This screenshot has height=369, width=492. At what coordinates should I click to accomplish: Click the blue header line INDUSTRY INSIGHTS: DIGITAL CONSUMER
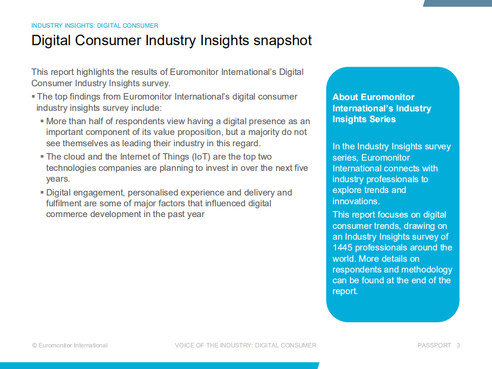pyautogui.click(x=95, y=26)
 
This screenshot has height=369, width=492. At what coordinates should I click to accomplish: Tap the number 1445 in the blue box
pyautogui.click(x=342, y=247)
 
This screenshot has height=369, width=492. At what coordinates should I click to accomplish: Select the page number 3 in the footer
pyautogui.click(x=458, y=345)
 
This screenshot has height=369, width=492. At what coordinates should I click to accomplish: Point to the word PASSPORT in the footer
pyautogui.click(x=434, y=345)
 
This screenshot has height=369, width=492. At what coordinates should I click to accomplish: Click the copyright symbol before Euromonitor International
pyautogui.click(x=34, y=345)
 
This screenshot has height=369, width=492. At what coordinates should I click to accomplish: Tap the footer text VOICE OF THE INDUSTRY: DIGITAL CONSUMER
pyautogui.click(x=245, y=345)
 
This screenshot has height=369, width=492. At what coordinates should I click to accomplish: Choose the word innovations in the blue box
pyautogui.click(x=356, y=201)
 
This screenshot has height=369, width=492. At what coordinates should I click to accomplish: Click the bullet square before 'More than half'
pyautogui.click(x=42, y=121)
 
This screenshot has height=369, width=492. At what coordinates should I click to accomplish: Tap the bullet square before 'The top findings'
pyautogui.click(x=33, y=96)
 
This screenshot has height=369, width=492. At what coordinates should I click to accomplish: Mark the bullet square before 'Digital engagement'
pyautogui.click(x=42, y=192)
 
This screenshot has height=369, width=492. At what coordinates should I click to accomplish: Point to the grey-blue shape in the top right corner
pyautogui.click(x=458, y=3)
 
